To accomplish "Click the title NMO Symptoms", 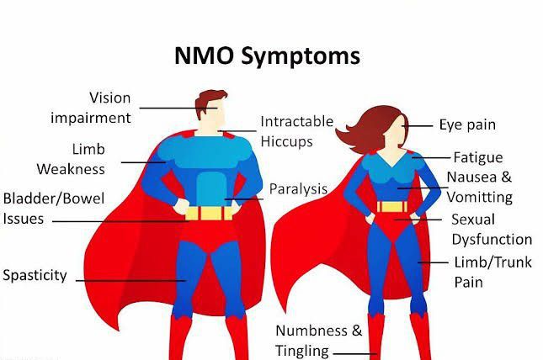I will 267,56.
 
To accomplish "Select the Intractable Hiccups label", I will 296,131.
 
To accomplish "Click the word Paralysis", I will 298,188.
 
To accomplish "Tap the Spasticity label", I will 35,275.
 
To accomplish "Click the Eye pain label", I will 467,125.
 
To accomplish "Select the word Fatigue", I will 477,157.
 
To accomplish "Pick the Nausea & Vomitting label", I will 479,187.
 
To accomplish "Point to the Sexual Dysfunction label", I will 492,229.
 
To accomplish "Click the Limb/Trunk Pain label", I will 492,272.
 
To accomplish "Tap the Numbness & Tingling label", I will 319,341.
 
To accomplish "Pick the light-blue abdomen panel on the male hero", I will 208,188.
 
